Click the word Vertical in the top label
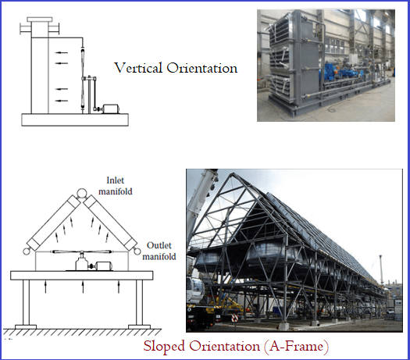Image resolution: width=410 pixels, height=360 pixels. point(138,68)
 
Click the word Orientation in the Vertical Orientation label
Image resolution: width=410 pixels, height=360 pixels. point(202,68)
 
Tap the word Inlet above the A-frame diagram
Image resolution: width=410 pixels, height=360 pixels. point(115,180)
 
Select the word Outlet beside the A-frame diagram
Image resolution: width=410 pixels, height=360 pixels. point(159,245)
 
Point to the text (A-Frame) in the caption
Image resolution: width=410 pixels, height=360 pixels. point(296,346)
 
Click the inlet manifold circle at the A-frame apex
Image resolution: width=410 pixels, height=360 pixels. point(81,193)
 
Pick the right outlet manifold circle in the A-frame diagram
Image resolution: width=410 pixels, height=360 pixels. point(136,251)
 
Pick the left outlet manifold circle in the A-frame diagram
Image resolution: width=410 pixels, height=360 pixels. point(27,251)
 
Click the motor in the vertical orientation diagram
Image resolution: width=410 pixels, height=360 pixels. point(111,109)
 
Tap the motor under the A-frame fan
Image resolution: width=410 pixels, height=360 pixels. point(104,266)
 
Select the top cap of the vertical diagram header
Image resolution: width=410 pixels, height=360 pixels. point(40,20)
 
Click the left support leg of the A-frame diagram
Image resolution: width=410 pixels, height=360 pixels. point(26,302)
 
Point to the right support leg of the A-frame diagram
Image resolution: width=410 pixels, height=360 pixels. point(139,302)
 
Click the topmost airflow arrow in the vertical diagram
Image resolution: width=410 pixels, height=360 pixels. point(62,52)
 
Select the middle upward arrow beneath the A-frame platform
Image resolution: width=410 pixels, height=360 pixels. point(83,287)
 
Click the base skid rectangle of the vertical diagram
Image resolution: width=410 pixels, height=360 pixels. point(75,119)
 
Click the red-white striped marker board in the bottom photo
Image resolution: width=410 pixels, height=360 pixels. point(234,318)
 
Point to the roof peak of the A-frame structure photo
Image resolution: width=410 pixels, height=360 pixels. point(231,173)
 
